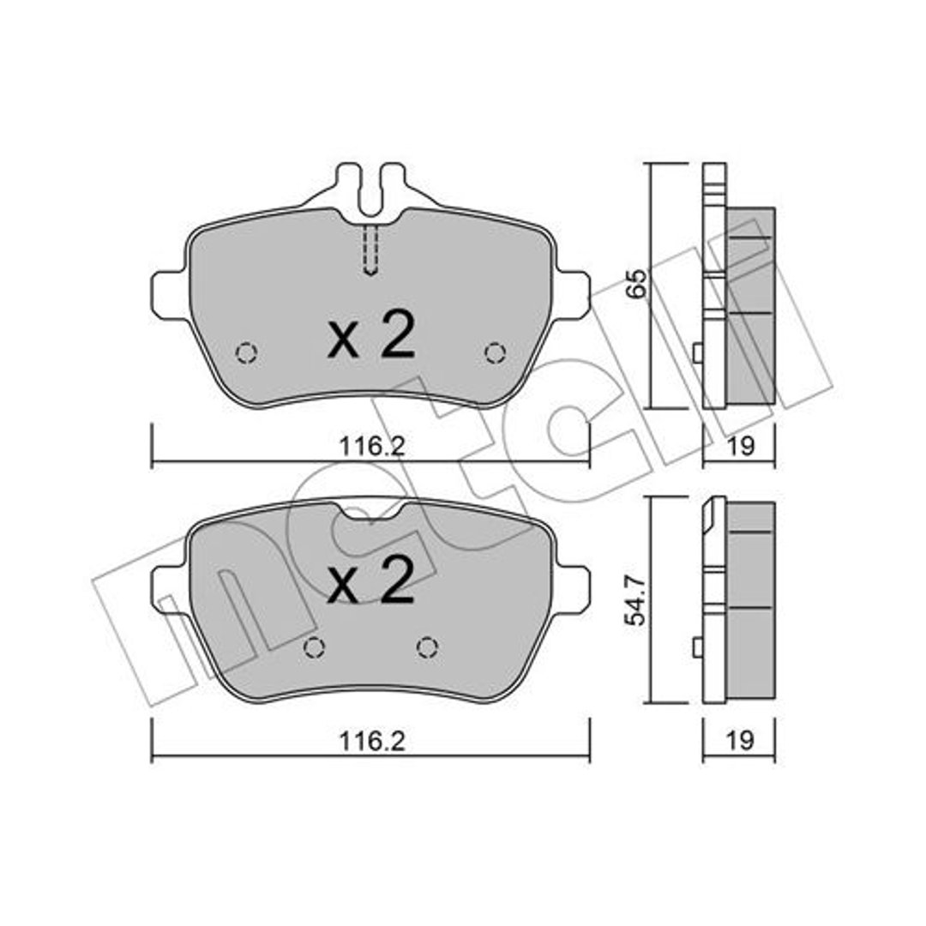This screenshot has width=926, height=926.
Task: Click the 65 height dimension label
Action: (637, 284)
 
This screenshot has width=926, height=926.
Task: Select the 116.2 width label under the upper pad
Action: (372, 447)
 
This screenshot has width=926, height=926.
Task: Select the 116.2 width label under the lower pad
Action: (372, 741)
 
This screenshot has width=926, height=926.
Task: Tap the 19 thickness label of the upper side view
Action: (740, 446)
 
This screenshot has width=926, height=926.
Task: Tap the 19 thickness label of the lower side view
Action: (740, 740)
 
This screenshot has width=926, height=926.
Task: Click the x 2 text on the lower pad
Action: (371, 580)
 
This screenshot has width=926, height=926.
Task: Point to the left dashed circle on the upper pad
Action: (246, 353)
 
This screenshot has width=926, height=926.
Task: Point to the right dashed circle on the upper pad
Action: (495, 353)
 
